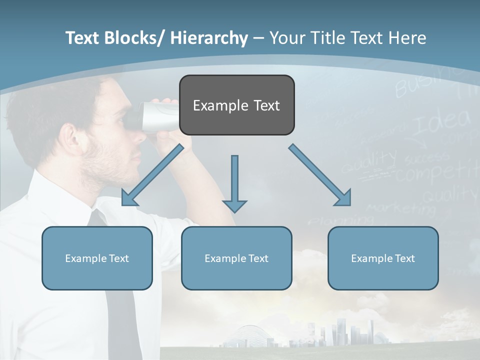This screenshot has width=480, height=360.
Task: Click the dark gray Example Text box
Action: click(x=236, y=105)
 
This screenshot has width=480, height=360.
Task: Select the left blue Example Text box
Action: click(x=97, y=258)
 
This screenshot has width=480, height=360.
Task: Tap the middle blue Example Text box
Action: click(x=236, y=258)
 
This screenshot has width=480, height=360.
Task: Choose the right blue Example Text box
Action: click(x=383, y=258)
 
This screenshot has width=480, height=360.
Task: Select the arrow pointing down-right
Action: click(x=320, y=175)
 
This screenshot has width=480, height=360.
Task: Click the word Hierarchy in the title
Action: click(x=209, y=38)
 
